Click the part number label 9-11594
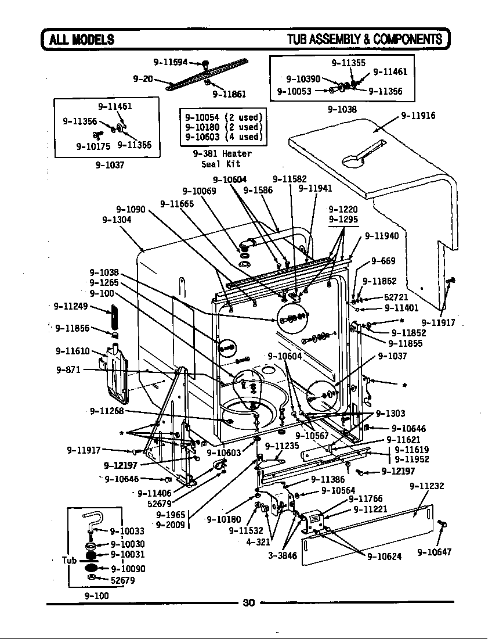point(169,62)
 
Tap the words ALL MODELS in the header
point(81,40)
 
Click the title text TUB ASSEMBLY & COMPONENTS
point(364,40)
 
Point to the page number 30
point(248,602)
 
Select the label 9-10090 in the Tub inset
point(128,569)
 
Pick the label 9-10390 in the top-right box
point(303,79)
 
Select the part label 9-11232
point(426,486)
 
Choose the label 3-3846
point(282,556)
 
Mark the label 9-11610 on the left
point(73,351)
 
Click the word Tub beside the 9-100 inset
point(70,561)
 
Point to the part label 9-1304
point(117,220)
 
